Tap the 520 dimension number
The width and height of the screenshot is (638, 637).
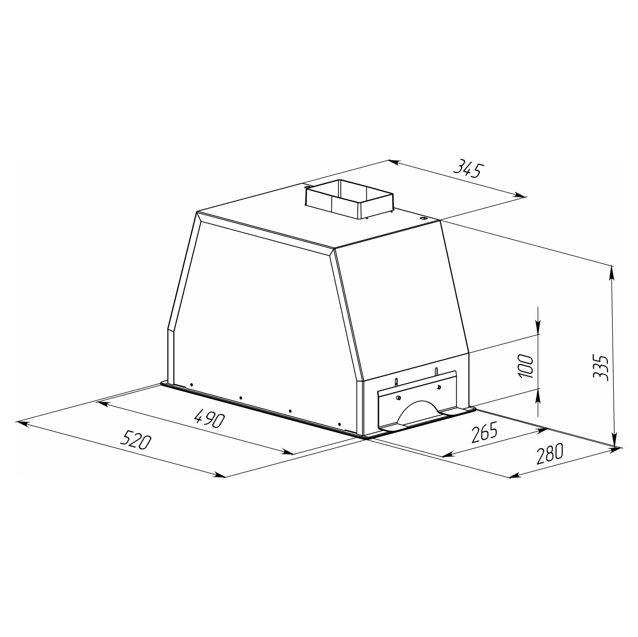[x=136, y=439]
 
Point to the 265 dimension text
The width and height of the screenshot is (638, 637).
[x=484, y=433]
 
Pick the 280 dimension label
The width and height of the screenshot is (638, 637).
[x=549, y=453]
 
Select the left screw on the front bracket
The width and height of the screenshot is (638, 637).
[x=398, y=397]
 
